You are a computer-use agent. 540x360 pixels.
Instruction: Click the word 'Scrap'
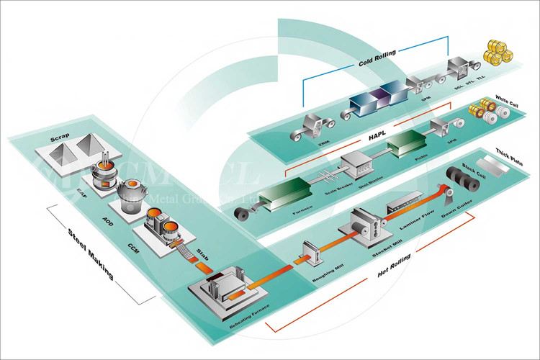(59, 137)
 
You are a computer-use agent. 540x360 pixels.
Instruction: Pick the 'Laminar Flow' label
(419, 225)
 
